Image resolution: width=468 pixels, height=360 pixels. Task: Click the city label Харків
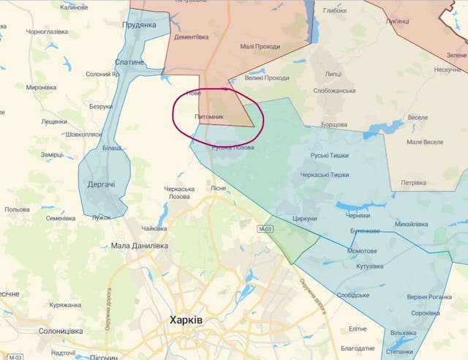tap(186, 320)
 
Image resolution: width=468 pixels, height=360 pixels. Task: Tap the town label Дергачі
tap(101, 184)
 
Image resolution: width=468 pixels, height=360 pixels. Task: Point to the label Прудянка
tap(140, 25)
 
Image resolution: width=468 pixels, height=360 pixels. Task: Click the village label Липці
tap(333, 75)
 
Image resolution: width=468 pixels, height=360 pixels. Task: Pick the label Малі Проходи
tap(260, 47)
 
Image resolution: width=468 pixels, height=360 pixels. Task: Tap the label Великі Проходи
tap(267, 78)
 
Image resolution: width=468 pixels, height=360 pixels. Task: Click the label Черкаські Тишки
tap(325, 175)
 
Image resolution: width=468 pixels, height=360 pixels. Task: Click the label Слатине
tap(130, 63)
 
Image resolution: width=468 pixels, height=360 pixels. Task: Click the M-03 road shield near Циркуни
tap(265, 230)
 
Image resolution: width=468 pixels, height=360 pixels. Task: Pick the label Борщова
tap(333, 125)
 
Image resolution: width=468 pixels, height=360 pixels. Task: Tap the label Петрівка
tap(415, 183)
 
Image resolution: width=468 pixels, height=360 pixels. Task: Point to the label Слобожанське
tap(334, 91)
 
